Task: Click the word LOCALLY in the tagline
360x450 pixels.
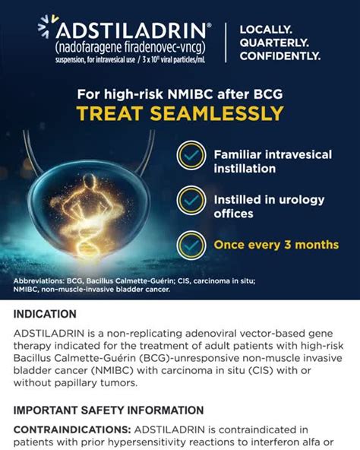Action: coord(264,30)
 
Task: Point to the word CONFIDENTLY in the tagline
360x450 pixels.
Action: coord(279,55)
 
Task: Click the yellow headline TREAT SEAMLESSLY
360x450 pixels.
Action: coord(180,113)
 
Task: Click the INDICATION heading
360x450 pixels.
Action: coord(45,314)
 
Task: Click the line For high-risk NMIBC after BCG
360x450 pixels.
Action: coord(180,95)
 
